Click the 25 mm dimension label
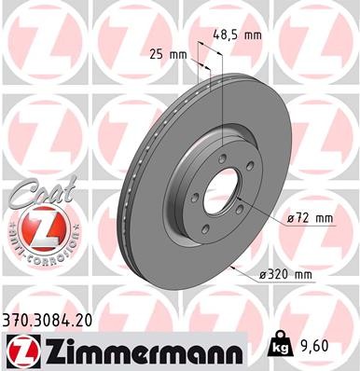point(168,54)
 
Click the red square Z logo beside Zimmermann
point(21,349)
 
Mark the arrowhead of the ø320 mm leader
point(229,267)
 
